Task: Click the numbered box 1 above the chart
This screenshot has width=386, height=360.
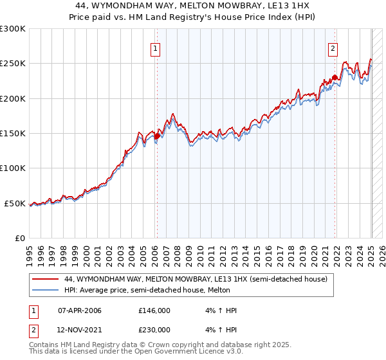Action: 156,48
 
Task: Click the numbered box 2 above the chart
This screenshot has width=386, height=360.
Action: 333,48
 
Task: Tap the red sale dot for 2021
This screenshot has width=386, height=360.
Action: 335,78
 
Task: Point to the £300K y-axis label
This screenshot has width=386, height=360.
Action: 13,29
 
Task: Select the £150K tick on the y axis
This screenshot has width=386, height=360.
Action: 13,134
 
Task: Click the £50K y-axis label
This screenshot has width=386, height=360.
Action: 15,203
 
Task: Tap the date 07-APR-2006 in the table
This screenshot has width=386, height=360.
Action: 79,310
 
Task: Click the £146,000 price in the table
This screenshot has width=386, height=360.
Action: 154,310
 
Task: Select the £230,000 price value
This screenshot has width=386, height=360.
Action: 154,329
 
